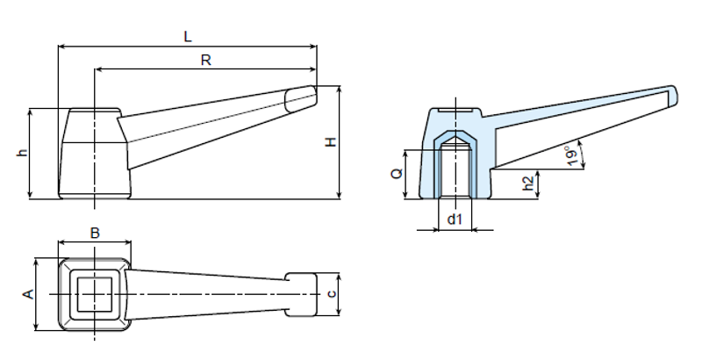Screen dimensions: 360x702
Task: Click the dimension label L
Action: pos(188,36)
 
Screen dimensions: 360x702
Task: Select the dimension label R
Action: pos(205,60)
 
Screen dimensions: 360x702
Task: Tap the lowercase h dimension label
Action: pos(22,153)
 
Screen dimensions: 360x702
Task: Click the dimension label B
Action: pos(95,233)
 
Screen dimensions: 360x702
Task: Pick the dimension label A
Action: pos(27,294)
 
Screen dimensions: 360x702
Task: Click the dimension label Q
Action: pos(396,173)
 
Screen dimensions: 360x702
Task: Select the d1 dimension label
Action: pos(454,219)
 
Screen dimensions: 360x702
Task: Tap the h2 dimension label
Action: pos(527,184)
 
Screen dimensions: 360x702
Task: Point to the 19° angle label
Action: pos(571,155)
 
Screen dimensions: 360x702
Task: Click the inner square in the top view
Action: pos(94,293)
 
